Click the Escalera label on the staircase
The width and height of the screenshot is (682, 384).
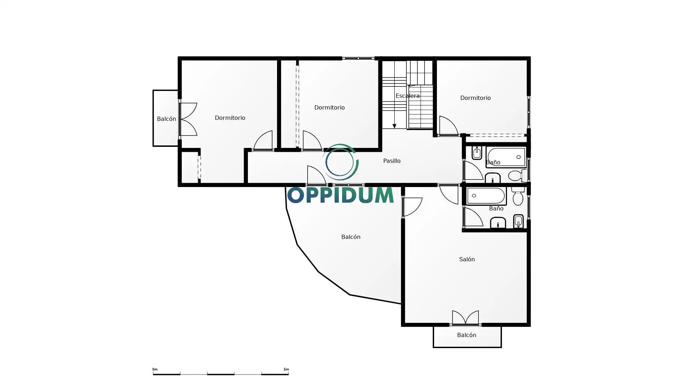tap(407, 96)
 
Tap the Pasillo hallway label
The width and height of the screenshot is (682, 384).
tap(392, 161)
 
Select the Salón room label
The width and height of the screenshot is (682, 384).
tap(467, 259)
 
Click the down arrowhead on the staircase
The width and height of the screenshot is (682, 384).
tap(394, 126)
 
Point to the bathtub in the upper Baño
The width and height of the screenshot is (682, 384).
tap(506, 156)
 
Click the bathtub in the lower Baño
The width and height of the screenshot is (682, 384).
tap(486, 196)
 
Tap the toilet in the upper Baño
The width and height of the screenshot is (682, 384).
tap(518, 175)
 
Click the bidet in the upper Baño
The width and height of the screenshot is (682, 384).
tap(477, 153)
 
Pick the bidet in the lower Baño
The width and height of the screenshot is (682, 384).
tap(518, 221)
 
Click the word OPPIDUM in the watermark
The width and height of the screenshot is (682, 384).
tap(340, 195)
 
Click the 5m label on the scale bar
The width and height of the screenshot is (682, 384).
tap(286, 369)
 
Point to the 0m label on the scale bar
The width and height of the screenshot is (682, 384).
tap(155, 369)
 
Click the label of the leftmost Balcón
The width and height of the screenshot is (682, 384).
tap(166, 119)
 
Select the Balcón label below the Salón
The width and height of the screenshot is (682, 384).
tap(466, 335)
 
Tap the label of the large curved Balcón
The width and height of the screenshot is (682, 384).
tap(351, 237)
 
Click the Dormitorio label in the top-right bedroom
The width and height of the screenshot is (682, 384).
tap(475, 98)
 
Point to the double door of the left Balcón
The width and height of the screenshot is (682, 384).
tap(188, 119)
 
